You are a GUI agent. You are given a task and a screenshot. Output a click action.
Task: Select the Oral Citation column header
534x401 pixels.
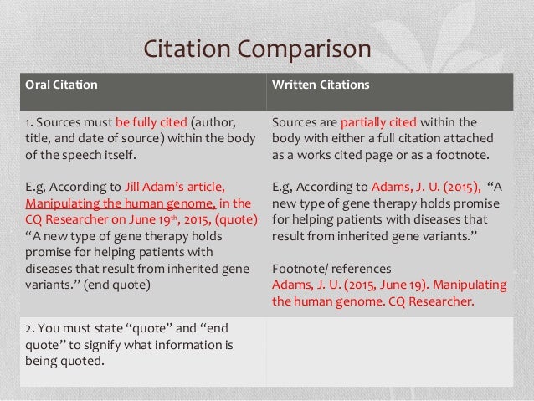61,85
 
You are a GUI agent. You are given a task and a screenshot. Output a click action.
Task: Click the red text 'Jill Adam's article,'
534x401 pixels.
174,186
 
